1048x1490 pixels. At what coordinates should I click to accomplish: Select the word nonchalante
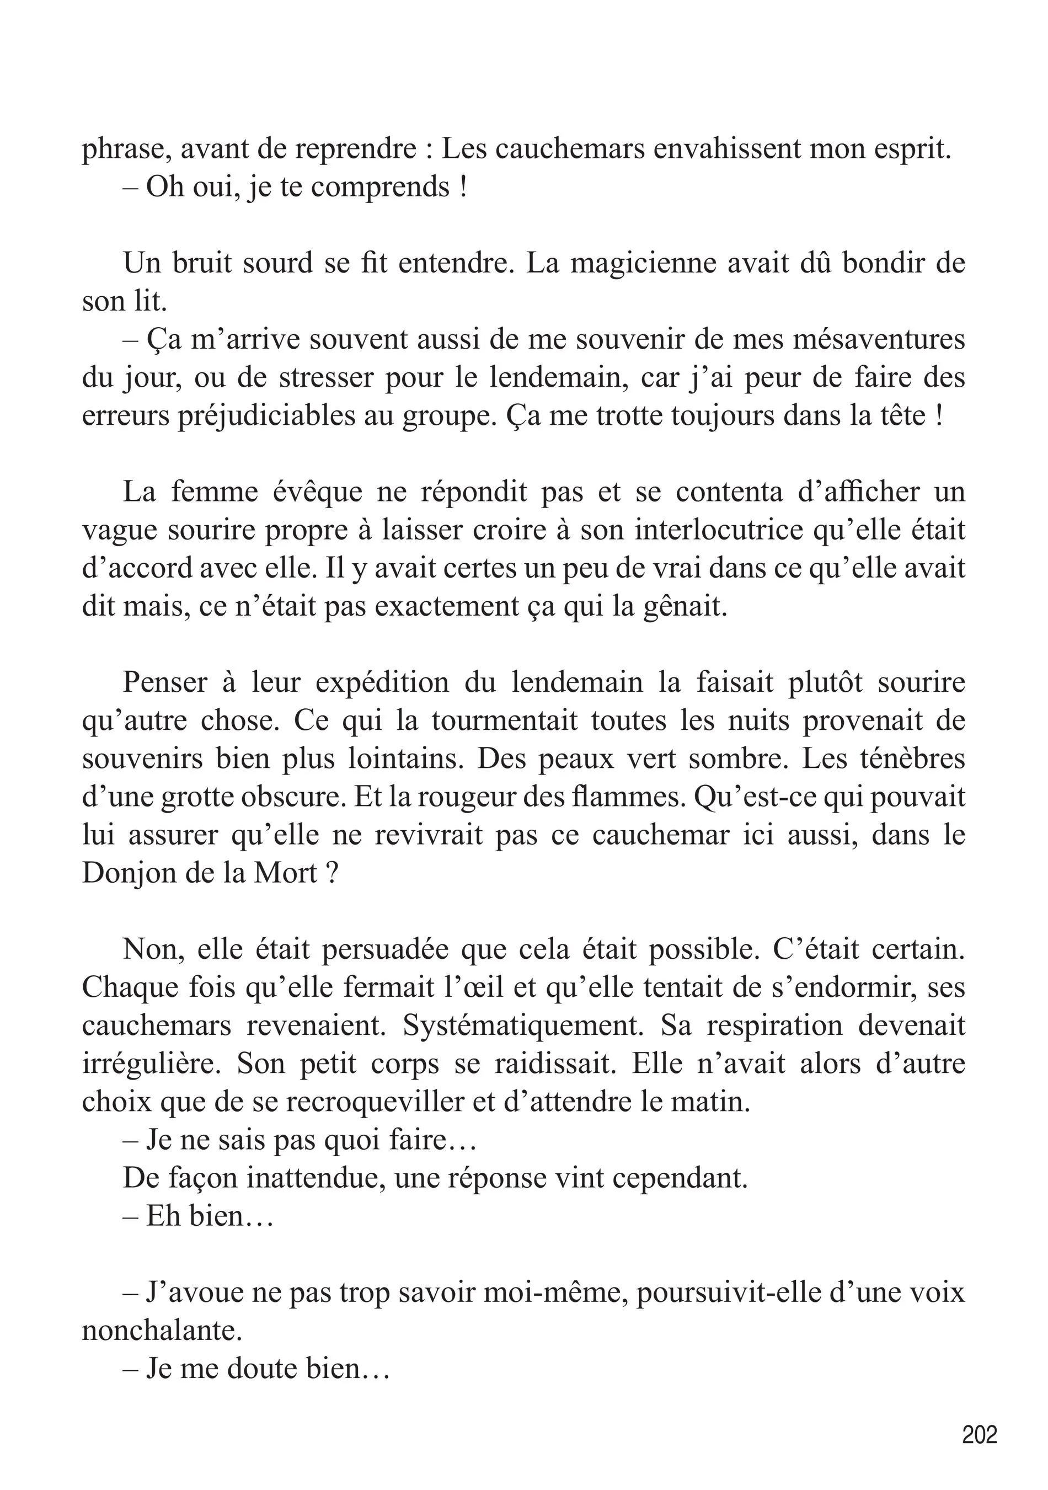click(162, 1331)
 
